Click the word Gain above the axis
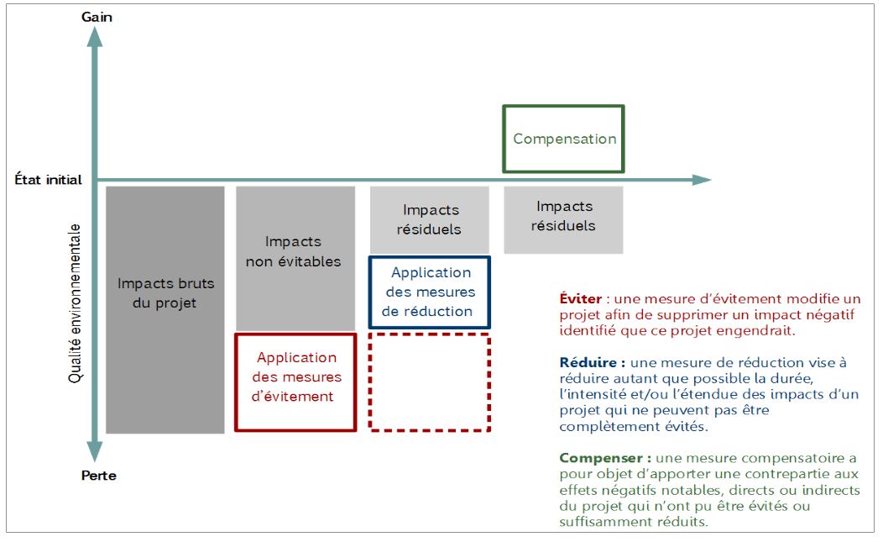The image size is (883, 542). [97, 17]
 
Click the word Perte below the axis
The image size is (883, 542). [99, 476]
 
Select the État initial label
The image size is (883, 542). [49, 179]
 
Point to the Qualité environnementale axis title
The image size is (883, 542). [75, 303]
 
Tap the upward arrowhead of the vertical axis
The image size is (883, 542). [95, 37]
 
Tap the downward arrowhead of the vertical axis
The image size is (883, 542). [95, 451]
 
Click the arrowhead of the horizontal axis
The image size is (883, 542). [702, 180]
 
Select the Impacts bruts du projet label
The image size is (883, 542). [165, 292]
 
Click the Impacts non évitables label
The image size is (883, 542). [294, 251]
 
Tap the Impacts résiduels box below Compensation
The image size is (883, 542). [564, 219]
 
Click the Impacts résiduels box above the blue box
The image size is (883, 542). [430, 219]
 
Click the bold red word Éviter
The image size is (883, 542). [581, 298]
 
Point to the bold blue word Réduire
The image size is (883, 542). [588, 362]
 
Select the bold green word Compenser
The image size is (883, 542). [601, 458]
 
